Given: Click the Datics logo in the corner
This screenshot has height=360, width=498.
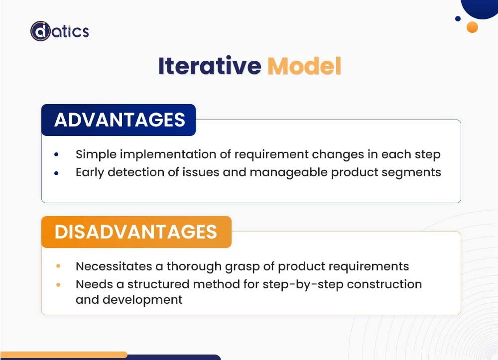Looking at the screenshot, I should (59, 31).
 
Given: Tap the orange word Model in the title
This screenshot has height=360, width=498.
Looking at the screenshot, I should (304, 66).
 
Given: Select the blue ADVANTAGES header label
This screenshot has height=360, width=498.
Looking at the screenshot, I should (119, 120).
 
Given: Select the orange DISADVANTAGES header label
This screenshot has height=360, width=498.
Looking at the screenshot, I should (136, 232).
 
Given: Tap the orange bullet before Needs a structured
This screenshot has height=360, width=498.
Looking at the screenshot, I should (58, 285).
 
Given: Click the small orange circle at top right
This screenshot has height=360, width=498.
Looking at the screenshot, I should (472, 27).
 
